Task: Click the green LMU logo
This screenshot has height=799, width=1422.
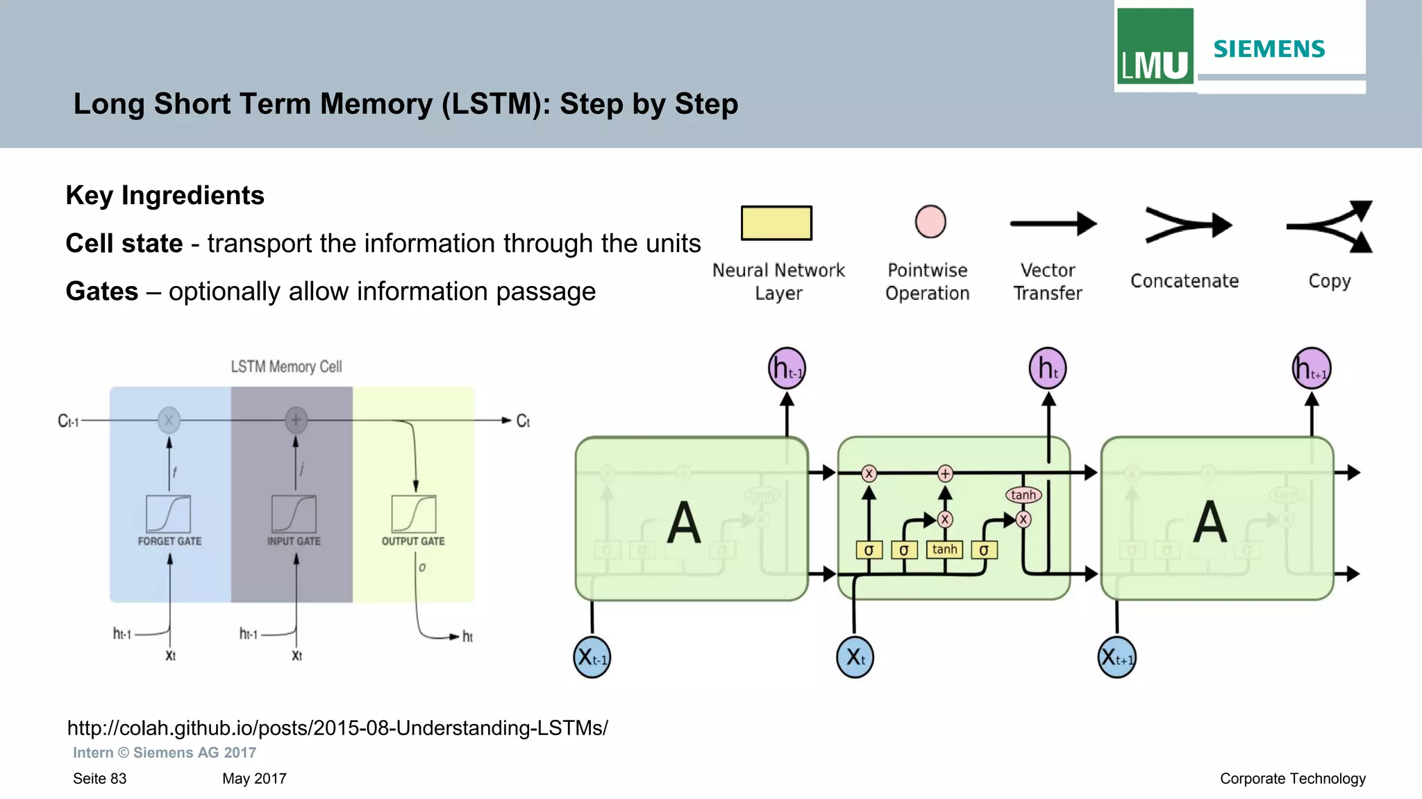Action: click(x=1155, y=47)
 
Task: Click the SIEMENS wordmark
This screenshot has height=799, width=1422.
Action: click(x=1269, y=49)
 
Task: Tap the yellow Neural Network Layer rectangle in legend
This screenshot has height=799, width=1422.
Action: click(x=776, y=223)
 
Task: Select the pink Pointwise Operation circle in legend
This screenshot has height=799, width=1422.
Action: click(x=930, y=222)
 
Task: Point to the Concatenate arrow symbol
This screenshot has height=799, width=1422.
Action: click(x=1187, y=225)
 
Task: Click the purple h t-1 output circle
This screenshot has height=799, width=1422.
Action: click(x=787, y=369)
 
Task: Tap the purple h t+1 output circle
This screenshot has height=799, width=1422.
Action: click(x=1311, y=369)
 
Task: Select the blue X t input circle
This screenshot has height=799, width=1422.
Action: click(x=855, y=657)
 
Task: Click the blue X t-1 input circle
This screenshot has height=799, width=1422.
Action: click(x=592, y=657)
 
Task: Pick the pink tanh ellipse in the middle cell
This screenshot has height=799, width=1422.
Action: click(x=1023, y=495)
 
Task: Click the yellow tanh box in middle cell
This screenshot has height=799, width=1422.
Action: click(x=944, y=550)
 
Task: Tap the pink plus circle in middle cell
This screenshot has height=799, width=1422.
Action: click(x=945, y=473)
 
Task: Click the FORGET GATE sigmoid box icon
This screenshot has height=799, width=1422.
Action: click(x=168, y=514)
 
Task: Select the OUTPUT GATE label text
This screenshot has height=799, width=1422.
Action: click(x=413, y=541)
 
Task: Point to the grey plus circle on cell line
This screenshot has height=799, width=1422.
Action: click(x=296, y=419)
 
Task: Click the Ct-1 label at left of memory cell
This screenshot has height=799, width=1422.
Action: click(x=68, y=421)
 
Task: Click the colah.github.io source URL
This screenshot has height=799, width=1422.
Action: click(x=337, y=727)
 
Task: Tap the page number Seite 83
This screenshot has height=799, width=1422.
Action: click(x=100, y=779)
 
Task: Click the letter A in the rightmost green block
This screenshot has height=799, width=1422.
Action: click(x=1210, y=522)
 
